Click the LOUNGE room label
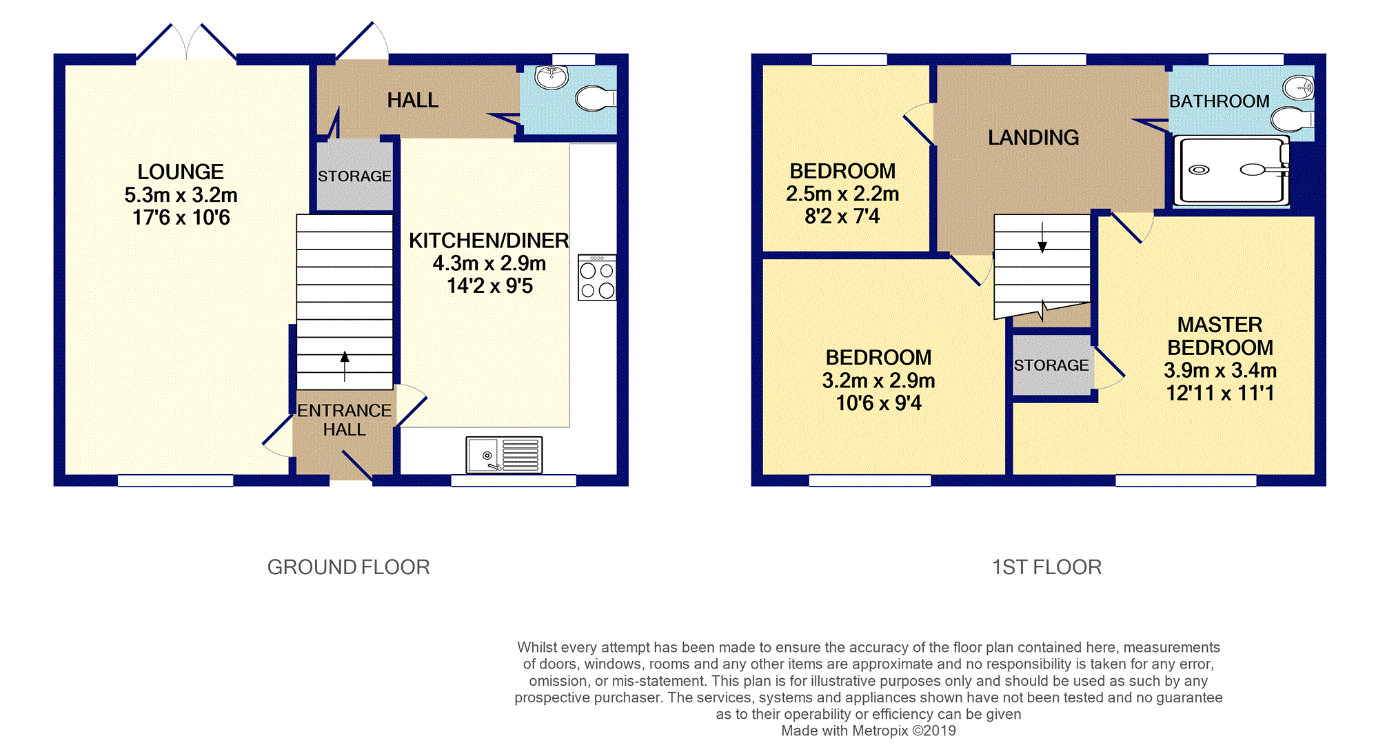(x=181, y=172)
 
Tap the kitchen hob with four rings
(x=597, y=278)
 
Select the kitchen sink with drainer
(x=504, y=455)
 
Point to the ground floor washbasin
(x=552, y=77)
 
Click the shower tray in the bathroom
(x=1231, y=171)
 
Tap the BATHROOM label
(x=1219, y=101)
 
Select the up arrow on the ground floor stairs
(x=345, y=366)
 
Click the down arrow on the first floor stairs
(x=1042, y=237)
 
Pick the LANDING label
(x=1033, y=138)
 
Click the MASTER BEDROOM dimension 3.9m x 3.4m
(x=1220, y=371)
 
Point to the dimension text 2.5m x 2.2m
(x=842, y=194)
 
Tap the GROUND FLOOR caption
(x=348, y=567)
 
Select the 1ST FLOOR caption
(x=1046, y=567)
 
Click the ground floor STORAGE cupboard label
(x=354, y=176)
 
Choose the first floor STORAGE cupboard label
(x=1051, y=365)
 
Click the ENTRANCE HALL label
(x=344, y=420)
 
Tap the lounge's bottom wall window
(x=176, y=480)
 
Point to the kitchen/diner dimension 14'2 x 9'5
(x=489, y=286)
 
